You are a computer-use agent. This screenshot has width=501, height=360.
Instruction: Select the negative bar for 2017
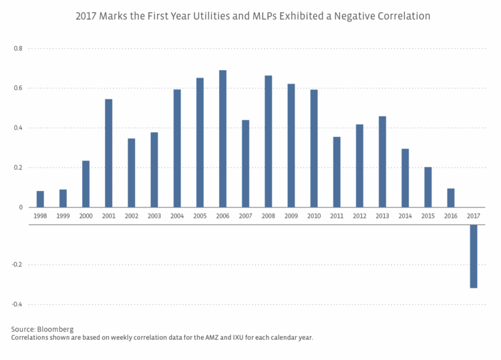coord(474,256)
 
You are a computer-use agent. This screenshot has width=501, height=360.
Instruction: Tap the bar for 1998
coord(40,199)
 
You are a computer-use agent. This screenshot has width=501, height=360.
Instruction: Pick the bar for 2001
coord(109,153)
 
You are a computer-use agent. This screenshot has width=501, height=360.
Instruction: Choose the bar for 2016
coord(451,198)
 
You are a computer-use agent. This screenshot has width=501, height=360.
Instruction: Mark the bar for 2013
coord(382,162)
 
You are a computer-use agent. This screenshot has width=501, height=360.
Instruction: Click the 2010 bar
coord(314,148)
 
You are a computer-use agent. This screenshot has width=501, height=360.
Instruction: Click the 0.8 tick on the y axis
coord(18,49)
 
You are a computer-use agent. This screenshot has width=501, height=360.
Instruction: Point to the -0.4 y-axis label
coord(17,305)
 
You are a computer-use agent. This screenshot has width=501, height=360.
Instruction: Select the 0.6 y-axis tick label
coord(18,88)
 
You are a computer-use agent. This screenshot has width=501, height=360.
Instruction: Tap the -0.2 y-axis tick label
coord(17,264)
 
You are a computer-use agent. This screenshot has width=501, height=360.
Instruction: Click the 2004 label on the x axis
coord(177,216)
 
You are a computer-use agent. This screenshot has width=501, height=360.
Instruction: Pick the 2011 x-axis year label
coord(337,216)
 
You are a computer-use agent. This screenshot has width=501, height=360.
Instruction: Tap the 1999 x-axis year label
coord(63,216)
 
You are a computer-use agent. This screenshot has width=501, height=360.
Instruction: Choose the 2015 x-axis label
coord(428,216)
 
